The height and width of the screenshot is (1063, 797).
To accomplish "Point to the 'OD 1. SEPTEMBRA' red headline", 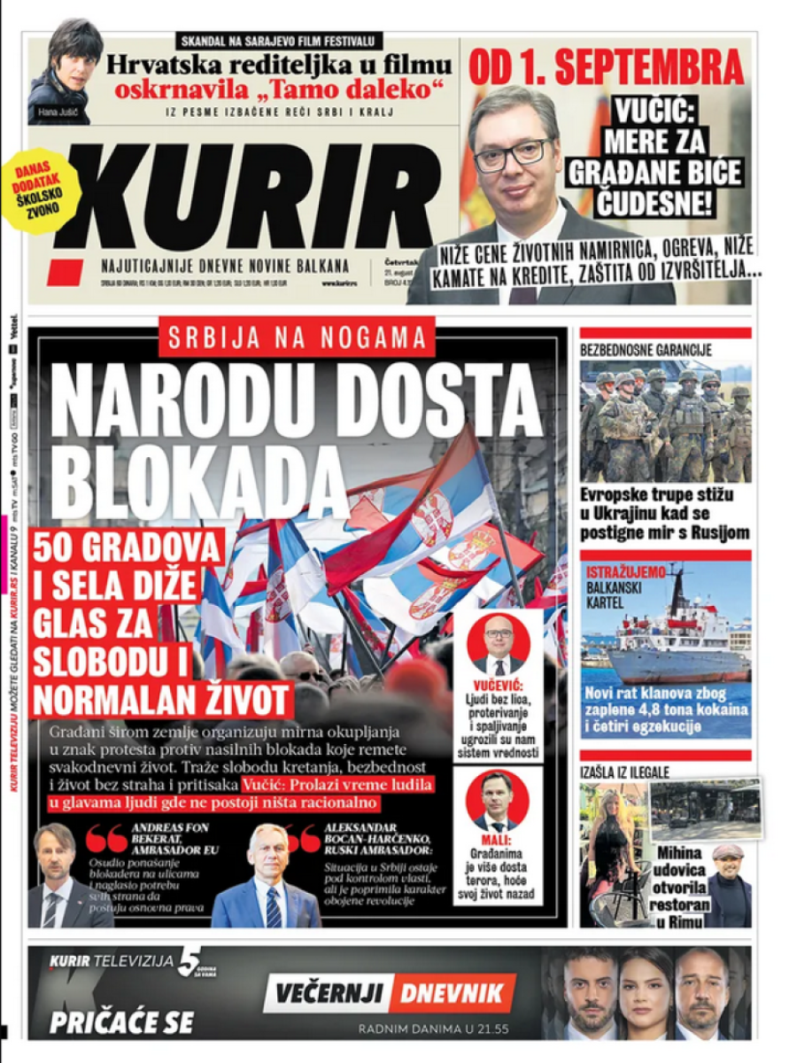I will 606,66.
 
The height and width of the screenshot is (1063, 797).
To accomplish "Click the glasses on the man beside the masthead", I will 512,152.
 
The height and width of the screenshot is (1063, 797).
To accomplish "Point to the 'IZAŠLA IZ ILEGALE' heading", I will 625,772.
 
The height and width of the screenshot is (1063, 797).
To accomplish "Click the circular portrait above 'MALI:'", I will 498,801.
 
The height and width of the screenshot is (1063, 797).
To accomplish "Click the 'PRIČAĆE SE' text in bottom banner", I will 121,1022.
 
